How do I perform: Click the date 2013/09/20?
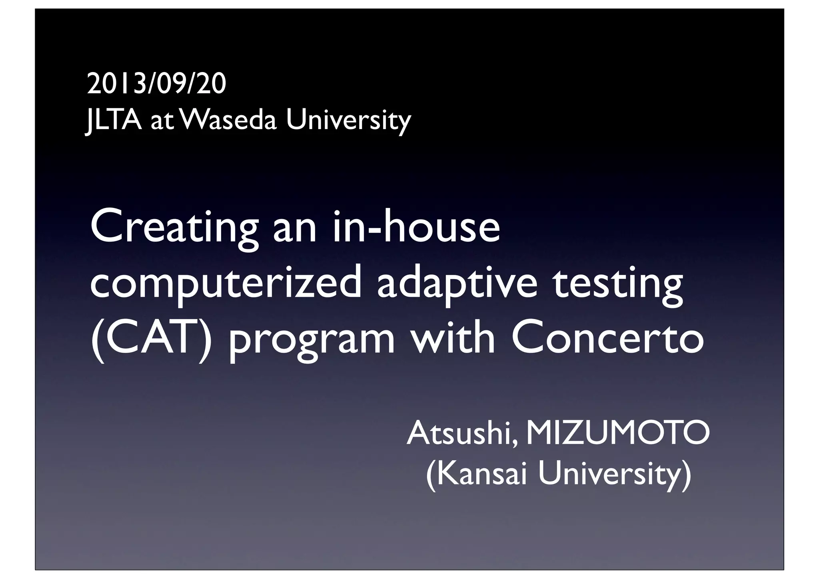coord(156,84)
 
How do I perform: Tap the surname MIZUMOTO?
coord(618,434)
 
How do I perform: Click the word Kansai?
coord(484,473)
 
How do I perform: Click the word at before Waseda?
coord(162,121)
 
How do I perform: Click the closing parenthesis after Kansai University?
coord(686,474)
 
